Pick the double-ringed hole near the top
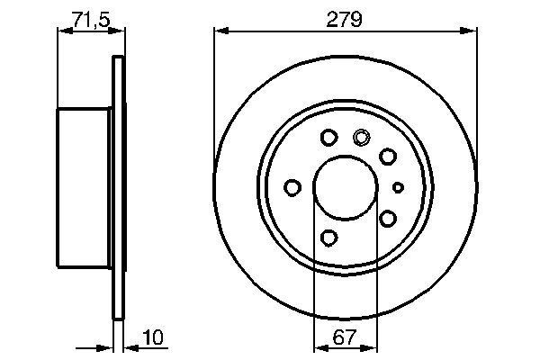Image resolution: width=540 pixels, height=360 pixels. click(x=362, y=138)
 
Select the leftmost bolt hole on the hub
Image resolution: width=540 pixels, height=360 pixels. click(x=292, y=187)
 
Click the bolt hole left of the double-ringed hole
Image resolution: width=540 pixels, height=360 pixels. click(x=328, y=138)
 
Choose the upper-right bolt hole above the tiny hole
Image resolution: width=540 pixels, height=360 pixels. click(x=388, y=157)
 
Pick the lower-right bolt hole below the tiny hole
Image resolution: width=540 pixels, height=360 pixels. click(x=388, y=218)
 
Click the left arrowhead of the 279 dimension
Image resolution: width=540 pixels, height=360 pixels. click(x=219, y=31)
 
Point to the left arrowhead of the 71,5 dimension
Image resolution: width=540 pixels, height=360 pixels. click(x=62, y=31)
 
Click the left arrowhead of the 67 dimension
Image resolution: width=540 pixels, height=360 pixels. click(x=316, y=351)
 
